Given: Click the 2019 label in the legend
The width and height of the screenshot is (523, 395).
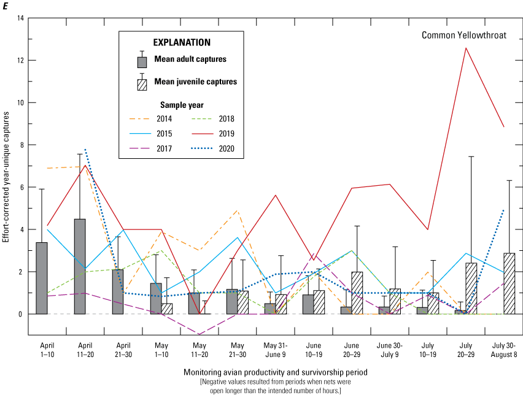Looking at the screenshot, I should (227, 133).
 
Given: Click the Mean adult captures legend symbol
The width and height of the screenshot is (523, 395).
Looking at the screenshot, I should (142, 62).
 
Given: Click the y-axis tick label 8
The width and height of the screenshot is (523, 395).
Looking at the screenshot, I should (21, 145).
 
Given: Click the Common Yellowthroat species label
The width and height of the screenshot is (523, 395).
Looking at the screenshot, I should (463, 35).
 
